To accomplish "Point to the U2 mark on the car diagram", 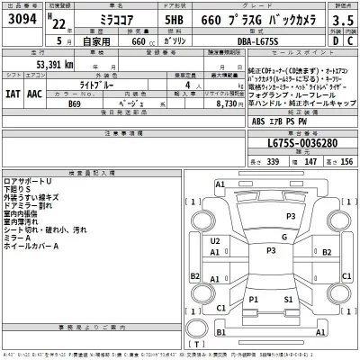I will [215, 242].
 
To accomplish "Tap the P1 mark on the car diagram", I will [255, 298].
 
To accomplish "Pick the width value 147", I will [310, 160].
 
